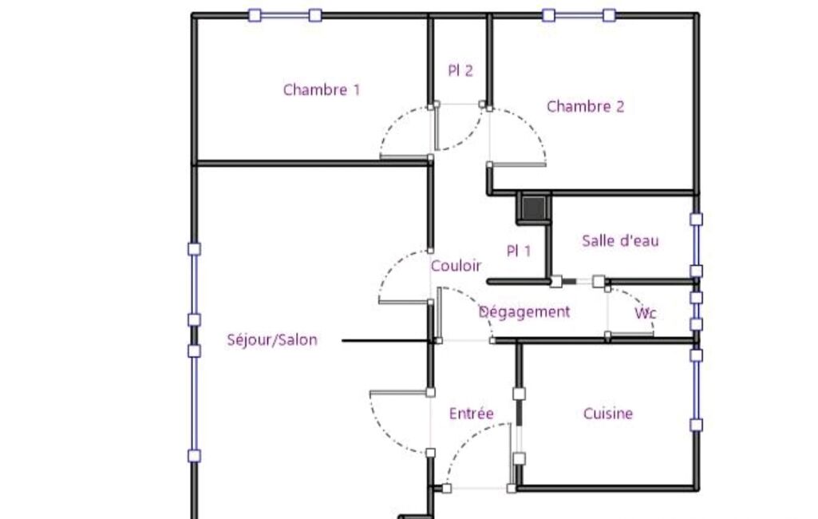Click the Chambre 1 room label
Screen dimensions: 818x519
(x=322, y=89)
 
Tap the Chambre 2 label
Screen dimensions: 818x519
(x=585, y=106)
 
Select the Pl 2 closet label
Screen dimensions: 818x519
(x=460, y=70)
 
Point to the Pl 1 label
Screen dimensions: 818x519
(x=519, y=252)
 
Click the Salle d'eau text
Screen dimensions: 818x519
(x=620, y=240)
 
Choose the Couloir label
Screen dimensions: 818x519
(x=456, y=266)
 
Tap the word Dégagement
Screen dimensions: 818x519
(x=524, y=311)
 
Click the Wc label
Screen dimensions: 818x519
(x=646, y=313)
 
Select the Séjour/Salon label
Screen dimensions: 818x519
(x=272, y=340)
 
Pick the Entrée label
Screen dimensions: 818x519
(x=471, y=414)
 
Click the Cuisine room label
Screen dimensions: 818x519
(x=608, y=414)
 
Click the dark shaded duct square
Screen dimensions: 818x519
(x=534, y=208)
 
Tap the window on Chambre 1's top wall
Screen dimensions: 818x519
(x=285, y=15)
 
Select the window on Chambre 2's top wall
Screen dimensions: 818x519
(x=579, y=15)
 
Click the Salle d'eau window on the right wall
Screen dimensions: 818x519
(x=696, y=245)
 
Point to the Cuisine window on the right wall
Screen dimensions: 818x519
(x=696, y=390)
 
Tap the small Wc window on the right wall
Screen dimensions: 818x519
(x=696, y=311)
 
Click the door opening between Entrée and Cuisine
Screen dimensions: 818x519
(x=519, y=426)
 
